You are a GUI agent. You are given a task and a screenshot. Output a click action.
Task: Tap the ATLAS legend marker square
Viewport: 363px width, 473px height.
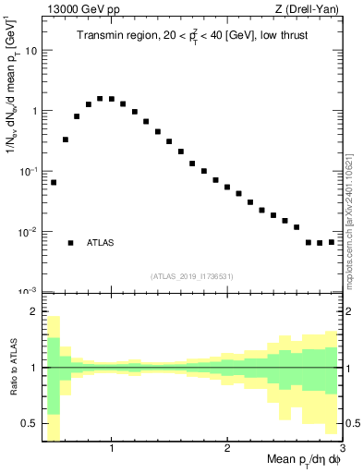click(x=70, y=243)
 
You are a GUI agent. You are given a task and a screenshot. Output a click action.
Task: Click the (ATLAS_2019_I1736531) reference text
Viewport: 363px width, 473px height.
click(x=192, y=276)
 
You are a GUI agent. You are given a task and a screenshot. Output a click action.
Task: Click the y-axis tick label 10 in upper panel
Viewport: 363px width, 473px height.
click(x=30, y=51)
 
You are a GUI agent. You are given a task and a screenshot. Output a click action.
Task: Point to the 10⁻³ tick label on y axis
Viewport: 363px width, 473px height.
click(x=29, y=291)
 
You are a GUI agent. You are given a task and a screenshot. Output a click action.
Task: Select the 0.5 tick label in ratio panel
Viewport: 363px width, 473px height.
click(x=30, y=423)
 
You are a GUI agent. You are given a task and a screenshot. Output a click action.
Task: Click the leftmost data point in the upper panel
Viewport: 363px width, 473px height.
click(x=54, y=182)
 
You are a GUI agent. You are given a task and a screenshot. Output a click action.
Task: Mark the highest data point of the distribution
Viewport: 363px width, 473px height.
click(x=100, y=98)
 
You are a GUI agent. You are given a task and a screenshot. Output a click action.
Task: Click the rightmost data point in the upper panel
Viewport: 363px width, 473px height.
click(x=332, y=242)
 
